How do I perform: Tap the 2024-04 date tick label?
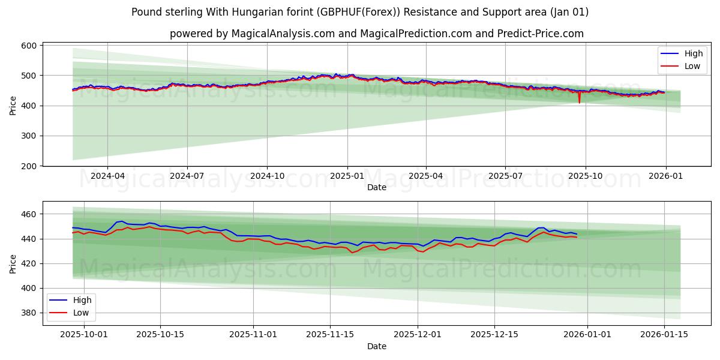107,176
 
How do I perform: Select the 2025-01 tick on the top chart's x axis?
347,176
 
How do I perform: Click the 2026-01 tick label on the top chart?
665,176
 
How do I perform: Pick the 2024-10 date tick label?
267,176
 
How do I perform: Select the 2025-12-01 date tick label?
418,335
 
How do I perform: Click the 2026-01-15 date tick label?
664,335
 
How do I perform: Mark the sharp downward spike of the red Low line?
579,102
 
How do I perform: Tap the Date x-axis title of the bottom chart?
377,346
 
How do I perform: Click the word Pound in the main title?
146,12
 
